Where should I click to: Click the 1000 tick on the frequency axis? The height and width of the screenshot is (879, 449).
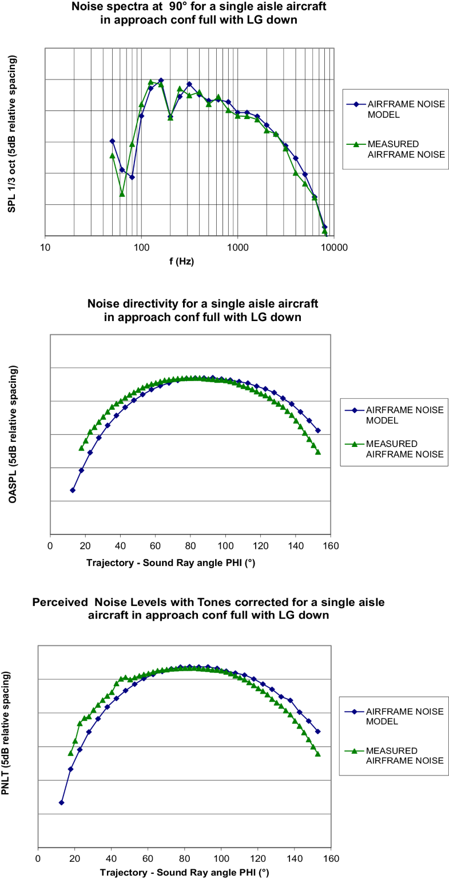click(237, 248)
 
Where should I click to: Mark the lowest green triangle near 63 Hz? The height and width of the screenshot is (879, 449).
click(122, 194)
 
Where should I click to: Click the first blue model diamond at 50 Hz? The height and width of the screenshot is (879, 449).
click(112, 141)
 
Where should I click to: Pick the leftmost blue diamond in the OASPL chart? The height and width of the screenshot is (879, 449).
click(73, 490)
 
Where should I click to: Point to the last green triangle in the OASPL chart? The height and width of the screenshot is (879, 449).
click(318, 452)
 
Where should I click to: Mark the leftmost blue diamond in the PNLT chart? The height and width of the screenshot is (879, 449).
click(61, 802)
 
